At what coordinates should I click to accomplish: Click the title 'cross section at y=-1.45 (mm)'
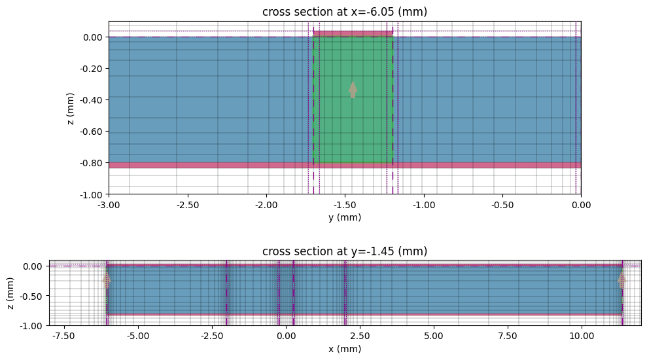[345, 251]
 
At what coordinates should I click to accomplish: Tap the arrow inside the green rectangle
[353, 90]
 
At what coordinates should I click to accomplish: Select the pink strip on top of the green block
[353, 33]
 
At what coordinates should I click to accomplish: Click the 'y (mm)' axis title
[345, 217]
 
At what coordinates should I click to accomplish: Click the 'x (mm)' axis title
[345, 349]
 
